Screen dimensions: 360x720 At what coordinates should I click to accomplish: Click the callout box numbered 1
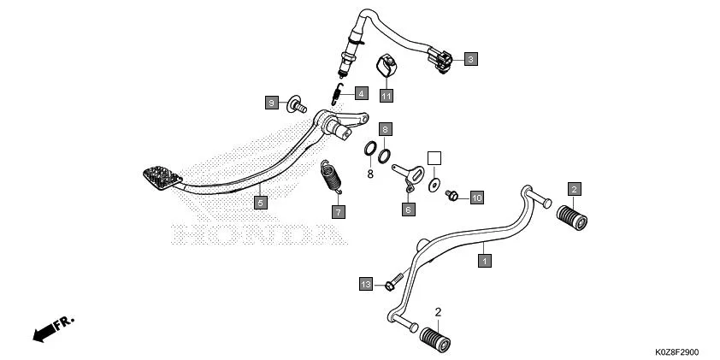(484, 259)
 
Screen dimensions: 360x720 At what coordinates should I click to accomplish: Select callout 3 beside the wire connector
(471, 59)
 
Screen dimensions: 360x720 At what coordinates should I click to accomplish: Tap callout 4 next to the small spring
(362, 93)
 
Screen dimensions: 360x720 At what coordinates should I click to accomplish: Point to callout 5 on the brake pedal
(261, 203)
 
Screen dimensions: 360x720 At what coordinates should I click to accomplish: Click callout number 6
(409, 208)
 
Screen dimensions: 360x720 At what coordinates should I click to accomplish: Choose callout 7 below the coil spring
(338, 211)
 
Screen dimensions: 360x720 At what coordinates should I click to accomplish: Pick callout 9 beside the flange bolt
(271, 103)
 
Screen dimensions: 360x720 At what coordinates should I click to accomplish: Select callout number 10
(476, 198)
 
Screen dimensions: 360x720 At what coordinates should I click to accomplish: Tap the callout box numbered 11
(387, 95)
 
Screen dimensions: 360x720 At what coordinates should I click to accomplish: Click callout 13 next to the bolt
(366, 283)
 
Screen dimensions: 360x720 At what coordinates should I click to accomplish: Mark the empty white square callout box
(434, 158)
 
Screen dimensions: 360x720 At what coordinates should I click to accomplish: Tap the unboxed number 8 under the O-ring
(370, 174)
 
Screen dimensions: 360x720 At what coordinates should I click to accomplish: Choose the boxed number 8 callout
(386, 129)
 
